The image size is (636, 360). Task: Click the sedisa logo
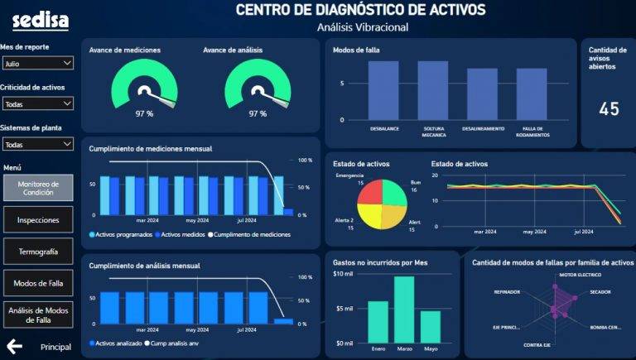(35, 20)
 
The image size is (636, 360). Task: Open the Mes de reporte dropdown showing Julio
(37, 63)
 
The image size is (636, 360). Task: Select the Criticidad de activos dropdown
(37, 104)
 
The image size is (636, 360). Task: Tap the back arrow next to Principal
(14, 346)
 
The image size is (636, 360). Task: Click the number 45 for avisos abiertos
(609, 109)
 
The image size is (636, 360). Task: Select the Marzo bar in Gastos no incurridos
(404, 309)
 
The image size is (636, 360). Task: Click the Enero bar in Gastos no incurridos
(378, 321)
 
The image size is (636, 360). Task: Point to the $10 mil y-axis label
(343, 274)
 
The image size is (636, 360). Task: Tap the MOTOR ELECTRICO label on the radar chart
(579, 274)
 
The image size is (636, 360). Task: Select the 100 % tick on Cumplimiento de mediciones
(305, 161)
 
